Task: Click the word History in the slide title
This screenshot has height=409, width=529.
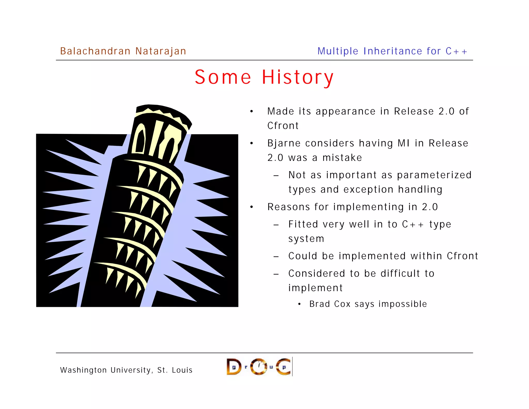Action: pos(298,77)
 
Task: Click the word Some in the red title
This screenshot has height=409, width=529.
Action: pos(223,77)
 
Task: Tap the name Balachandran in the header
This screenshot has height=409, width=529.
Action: pos(95,51)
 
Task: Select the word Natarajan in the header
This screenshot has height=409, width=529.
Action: pos(161,51)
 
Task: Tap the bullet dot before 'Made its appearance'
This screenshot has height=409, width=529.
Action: pos(252,112)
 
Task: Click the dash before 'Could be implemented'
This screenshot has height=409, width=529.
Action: pos(276,257)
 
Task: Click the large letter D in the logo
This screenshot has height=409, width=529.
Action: pos(234,367)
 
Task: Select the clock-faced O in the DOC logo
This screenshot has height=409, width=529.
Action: pos(259,367)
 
